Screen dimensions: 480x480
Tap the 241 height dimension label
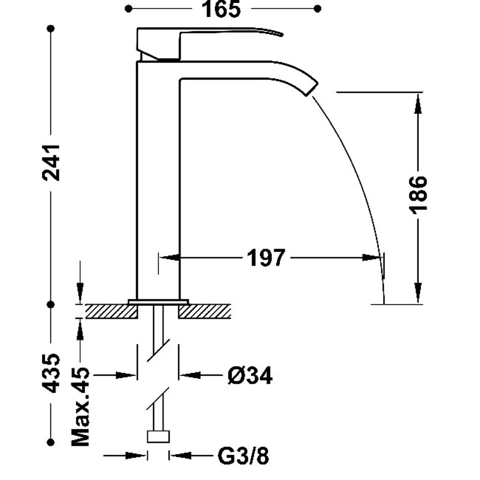coord(51,163)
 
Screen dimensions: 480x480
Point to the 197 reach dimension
coord(265,257)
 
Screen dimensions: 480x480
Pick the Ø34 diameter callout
coord(250,376)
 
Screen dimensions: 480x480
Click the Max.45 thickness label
coord(81,407)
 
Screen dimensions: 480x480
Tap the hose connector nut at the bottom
coord(158,436)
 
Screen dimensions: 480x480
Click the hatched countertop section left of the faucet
coord(112,311)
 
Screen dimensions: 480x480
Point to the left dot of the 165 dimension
coord(129,9)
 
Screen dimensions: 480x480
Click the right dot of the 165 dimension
coord(318,9)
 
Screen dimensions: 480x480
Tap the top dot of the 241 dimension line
coord(51,29)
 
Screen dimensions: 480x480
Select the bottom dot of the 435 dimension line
coord(51,442)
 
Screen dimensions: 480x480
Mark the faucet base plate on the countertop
coord(158,302)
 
